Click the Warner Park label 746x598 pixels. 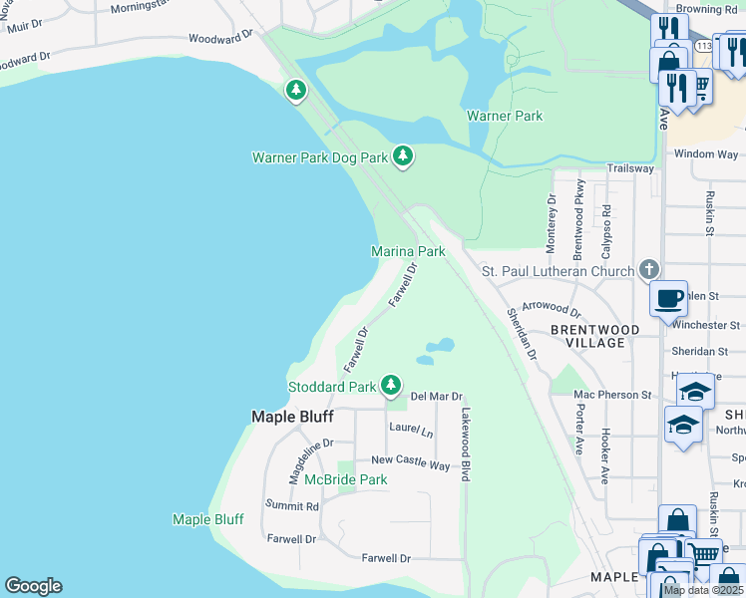[x=505, y=116]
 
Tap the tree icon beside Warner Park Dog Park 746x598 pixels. [x=403, y=155]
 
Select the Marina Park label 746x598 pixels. [x=408, y=252]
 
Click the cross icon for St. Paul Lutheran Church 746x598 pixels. [x=649, y=269]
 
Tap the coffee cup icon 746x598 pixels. [x=668, y=297]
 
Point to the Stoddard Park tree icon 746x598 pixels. [x=392, y=385]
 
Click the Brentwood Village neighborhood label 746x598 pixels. [x=587, y=335]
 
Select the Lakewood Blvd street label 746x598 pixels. [x=465, y=445]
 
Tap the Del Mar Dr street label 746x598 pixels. [x=437, y=396]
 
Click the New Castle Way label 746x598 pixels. [x=411, y=461]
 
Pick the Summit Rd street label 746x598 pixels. [x=291, y=506]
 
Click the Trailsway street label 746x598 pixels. [x=630, y=168]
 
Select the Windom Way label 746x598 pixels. [x=706, y=154]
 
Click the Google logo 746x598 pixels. [x=33, y=586]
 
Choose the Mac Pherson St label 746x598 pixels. [x=611, y=395]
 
